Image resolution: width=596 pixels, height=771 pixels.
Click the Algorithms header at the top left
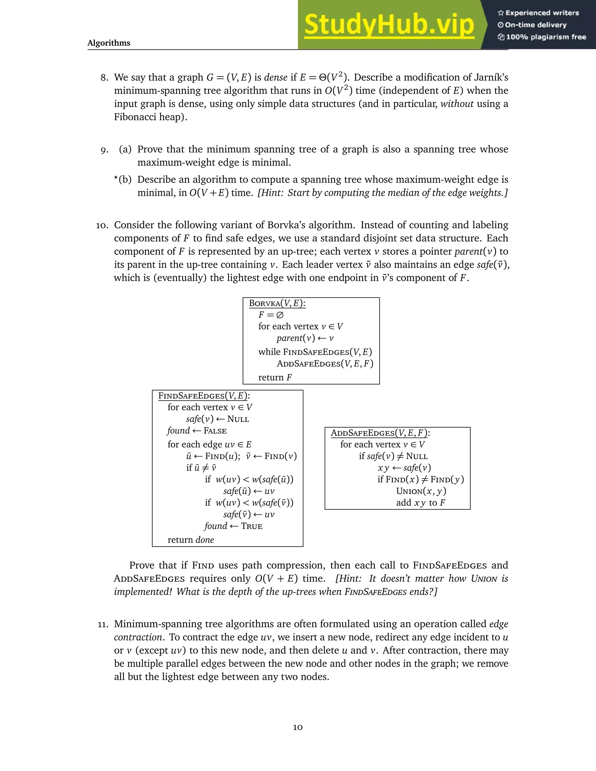point(109,43)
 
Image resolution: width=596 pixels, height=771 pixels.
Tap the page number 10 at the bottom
point(298,727)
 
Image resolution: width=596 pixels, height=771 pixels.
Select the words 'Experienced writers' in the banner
point(542,13)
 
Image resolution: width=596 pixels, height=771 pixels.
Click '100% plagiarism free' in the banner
point(546,37)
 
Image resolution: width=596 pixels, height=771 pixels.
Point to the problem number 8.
point(104,78)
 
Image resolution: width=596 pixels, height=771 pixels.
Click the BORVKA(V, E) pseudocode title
point(277,303)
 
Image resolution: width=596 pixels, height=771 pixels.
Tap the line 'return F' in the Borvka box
point(275,377)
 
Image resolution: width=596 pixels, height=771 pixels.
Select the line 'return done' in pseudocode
point(191,540)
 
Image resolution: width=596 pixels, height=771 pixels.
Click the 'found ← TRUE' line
point(233,526)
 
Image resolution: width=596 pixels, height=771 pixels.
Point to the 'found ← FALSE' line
point(197,431)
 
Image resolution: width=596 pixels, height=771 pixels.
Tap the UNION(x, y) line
point(421,491)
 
